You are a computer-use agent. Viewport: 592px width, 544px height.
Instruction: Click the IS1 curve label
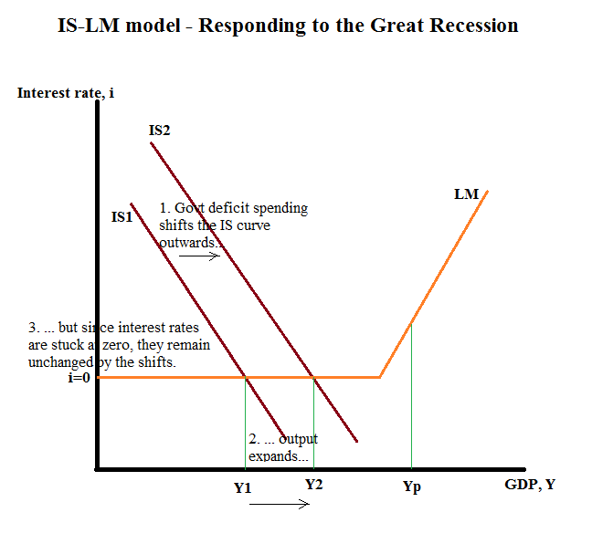[122, 217]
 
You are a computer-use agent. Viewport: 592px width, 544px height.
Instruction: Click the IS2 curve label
[159, 131]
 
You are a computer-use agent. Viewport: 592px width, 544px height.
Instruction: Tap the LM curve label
[466, 194]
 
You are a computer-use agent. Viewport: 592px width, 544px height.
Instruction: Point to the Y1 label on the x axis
[242, 487]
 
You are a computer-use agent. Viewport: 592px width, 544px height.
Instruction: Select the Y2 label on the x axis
[313, 484]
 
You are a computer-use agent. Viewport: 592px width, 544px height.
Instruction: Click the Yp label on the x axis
[412, 486]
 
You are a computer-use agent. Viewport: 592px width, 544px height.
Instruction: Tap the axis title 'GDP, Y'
[530, 484]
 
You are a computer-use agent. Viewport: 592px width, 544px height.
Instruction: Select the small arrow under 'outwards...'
[200, 256]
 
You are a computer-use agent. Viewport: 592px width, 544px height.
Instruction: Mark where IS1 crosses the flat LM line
[246, 376]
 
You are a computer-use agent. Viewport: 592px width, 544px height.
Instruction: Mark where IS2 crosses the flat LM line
[313, 376]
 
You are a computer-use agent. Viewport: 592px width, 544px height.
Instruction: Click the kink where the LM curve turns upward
[380, 376]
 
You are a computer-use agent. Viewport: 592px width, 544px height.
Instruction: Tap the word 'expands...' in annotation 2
[279, 456]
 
